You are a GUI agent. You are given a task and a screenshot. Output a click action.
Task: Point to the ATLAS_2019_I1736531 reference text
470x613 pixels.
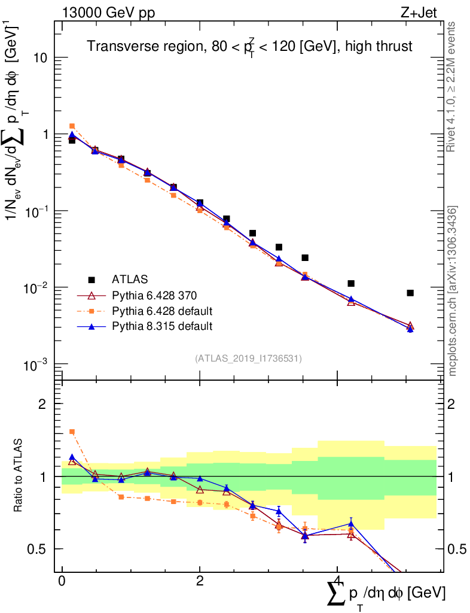coord(248,359)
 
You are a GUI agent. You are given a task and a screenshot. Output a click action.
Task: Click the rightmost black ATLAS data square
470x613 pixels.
coord(410,293)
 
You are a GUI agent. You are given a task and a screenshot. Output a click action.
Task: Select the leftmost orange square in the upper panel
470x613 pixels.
coord(72,126)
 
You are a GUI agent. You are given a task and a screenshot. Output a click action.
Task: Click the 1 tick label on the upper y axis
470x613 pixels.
coord(45,135)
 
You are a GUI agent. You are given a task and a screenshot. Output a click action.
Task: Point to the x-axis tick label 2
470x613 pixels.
coord(200,581)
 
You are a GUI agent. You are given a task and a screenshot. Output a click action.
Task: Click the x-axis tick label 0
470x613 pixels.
coord(62,581)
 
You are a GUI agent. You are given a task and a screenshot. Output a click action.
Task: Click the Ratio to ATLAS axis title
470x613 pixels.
coord(20,476)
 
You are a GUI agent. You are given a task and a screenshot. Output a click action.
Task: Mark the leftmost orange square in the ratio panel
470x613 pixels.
coord(72,432)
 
